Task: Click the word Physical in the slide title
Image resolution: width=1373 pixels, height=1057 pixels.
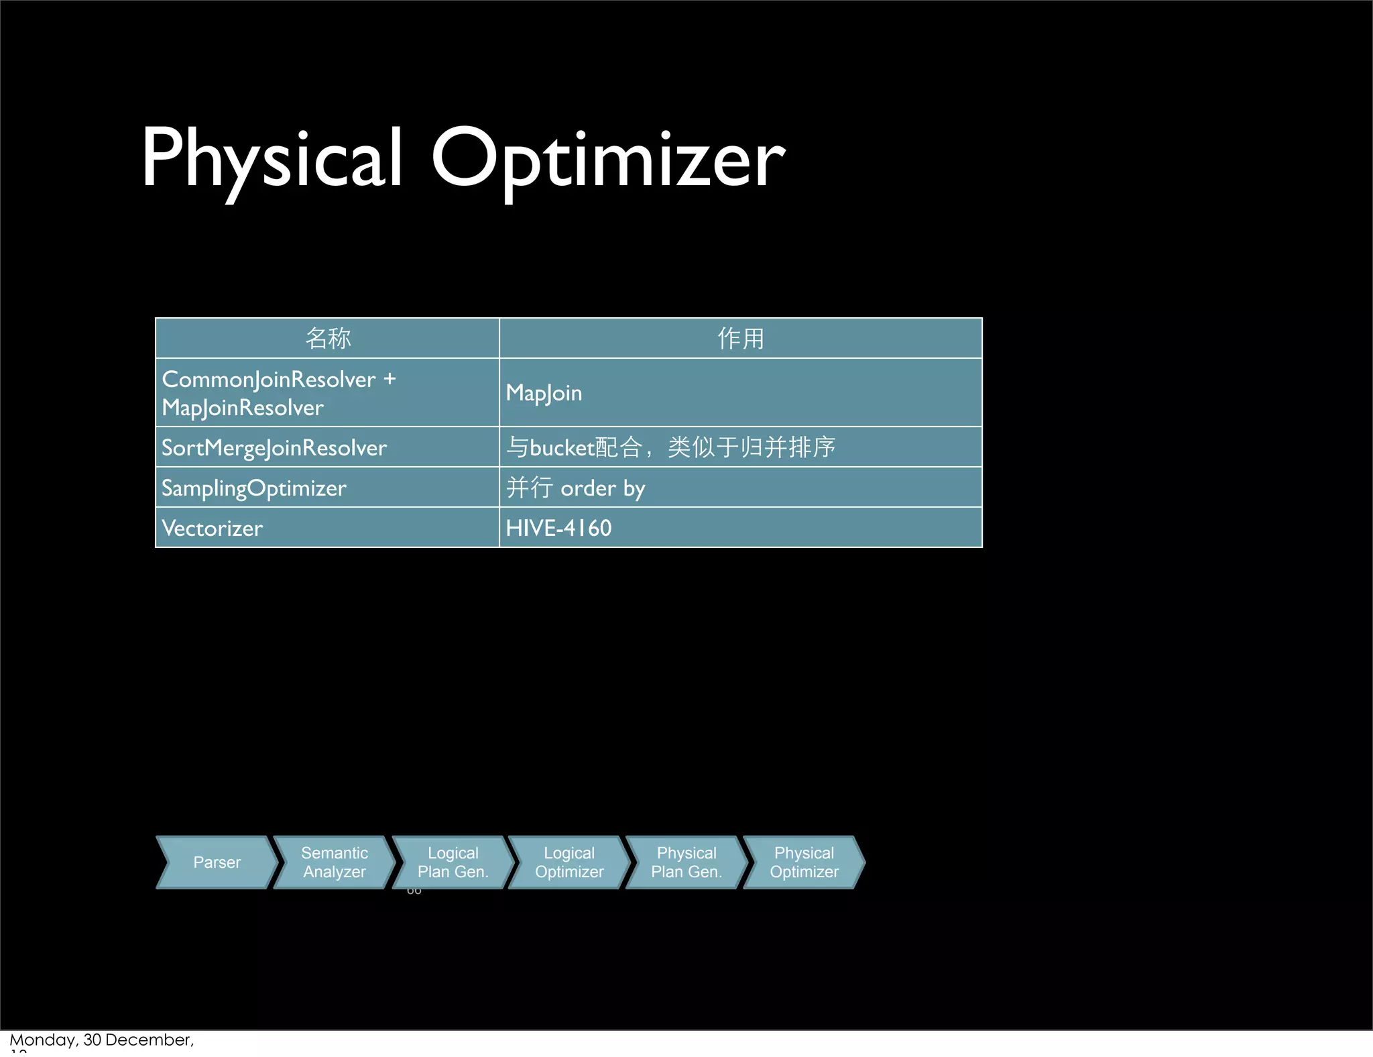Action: (272, 158)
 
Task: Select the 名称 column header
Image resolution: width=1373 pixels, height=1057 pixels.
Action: (327, 338)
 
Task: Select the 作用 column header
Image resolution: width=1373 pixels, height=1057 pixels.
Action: (740, 338)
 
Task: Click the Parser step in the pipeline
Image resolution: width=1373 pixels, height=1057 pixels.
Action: (217, 863)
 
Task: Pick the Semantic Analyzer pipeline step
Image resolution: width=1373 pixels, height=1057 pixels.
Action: (334, 863)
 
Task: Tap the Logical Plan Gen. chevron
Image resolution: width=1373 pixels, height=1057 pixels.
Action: (453, 863)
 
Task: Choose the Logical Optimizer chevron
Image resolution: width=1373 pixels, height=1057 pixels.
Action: (569, 863)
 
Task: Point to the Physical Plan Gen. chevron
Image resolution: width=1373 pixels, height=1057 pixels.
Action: (686, 863)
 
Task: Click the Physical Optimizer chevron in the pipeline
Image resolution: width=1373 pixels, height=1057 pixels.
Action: (804, 863)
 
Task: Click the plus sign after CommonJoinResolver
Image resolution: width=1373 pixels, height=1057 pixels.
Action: (390, 380)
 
